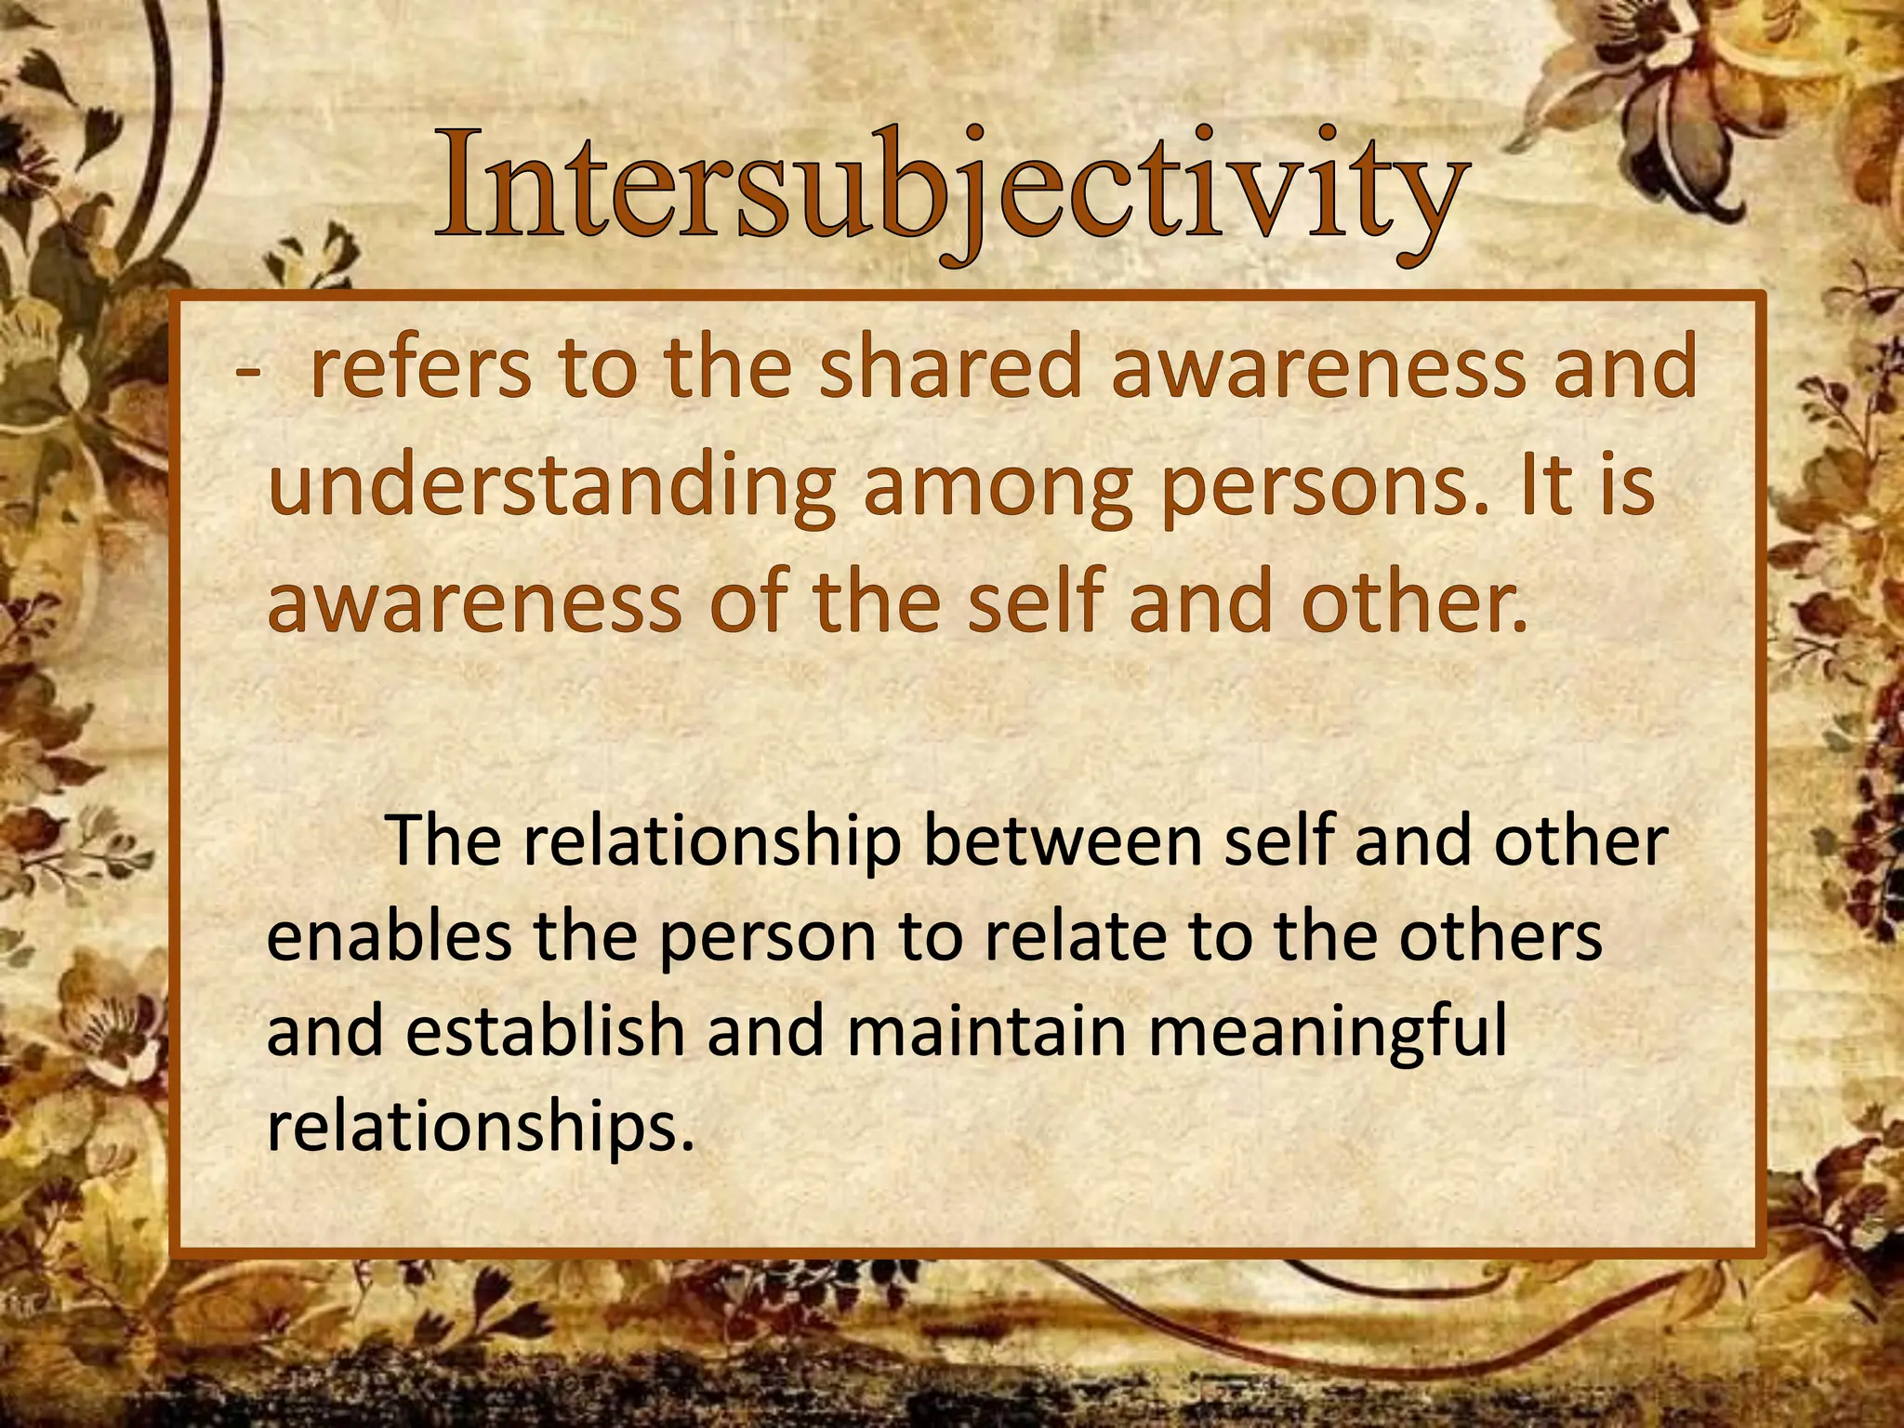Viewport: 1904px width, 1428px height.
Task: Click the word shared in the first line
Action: point(951,367)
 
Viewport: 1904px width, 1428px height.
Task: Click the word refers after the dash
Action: point(421,369)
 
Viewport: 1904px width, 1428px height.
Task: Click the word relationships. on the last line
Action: point(481,1128)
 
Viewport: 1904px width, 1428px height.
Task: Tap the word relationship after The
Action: point(712,842)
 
